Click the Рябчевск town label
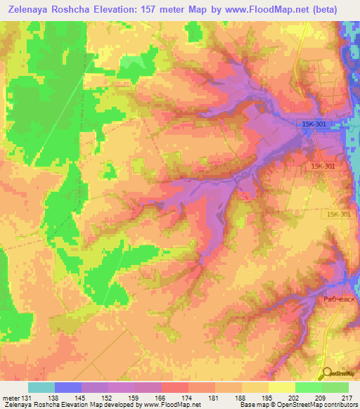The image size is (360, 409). click(x=341, y=299)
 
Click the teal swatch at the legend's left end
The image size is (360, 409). click(x=41, y=387)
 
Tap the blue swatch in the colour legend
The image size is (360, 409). click(x=68, y=387)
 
